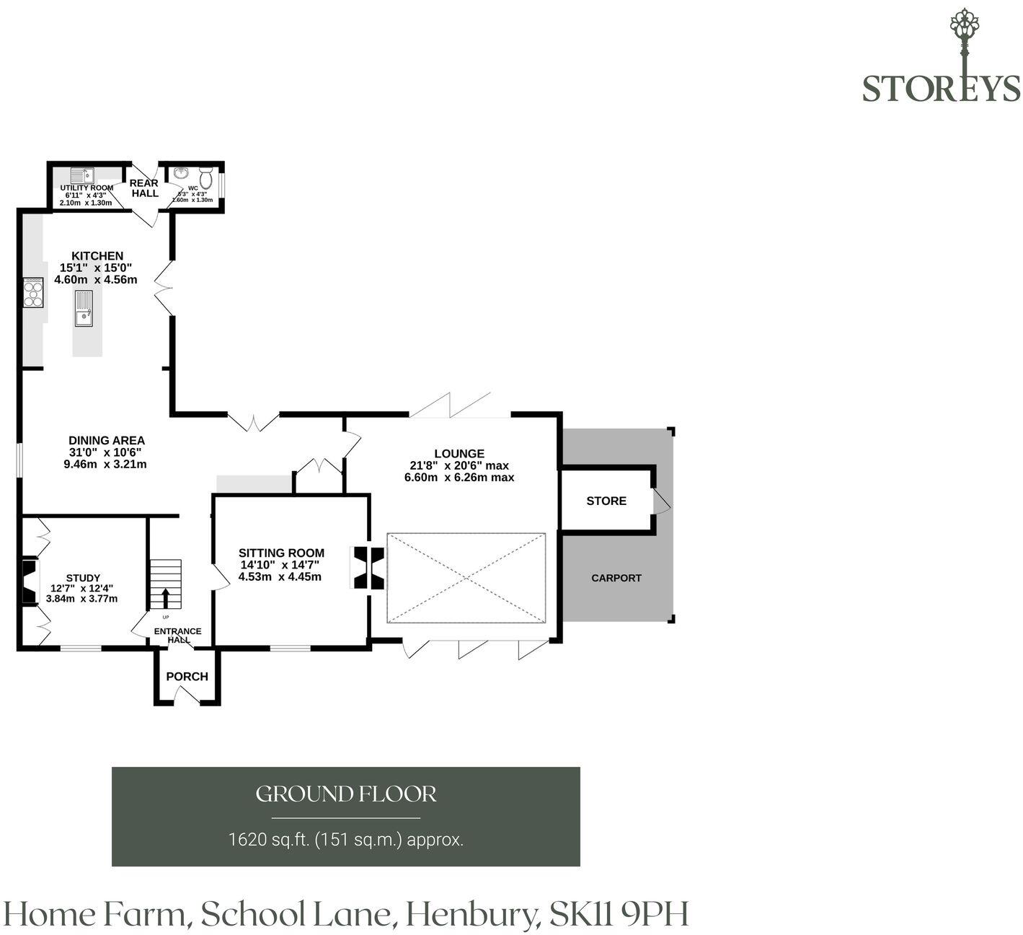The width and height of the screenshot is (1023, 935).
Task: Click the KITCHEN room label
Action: (x=97, y=255)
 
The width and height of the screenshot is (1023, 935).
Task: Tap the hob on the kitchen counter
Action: (x=33, y=293)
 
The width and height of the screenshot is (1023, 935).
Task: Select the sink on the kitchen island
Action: (x=84, y=308)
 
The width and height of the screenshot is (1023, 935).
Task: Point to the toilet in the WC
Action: (x=206, y=177)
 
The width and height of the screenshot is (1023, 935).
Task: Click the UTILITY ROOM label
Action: (x=87, y=188)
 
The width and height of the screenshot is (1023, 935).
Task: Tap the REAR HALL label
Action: (x=144, y=188)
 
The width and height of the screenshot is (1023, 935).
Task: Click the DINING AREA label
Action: (x=107, y=440)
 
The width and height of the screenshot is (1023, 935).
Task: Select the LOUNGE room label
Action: (x=459, y=453)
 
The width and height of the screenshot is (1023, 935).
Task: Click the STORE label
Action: (x=606, y=501)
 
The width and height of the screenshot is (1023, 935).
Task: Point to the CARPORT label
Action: (x=616, y=578)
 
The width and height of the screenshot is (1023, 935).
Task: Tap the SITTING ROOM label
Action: (x=281, y=553)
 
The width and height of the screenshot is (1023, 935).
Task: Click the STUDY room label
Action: (x=83, y=578)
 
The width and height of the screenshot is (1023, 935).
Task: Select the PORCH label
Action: (x=187, y=676)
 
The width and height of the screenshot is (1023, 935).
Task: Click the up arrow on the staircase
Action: (x=166, y=597)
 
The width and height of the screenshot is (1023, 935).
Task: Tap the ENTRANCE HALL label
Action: (x=177, y=636)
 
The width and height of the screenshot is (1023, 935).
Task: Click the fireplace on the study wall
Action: (x=30, y=581)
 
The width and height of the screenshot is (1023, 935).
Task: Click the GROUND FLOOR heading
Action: (x=346, y=794)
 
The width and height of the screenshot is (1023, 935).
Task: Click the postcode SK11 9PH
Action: (x=619, y=913)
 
